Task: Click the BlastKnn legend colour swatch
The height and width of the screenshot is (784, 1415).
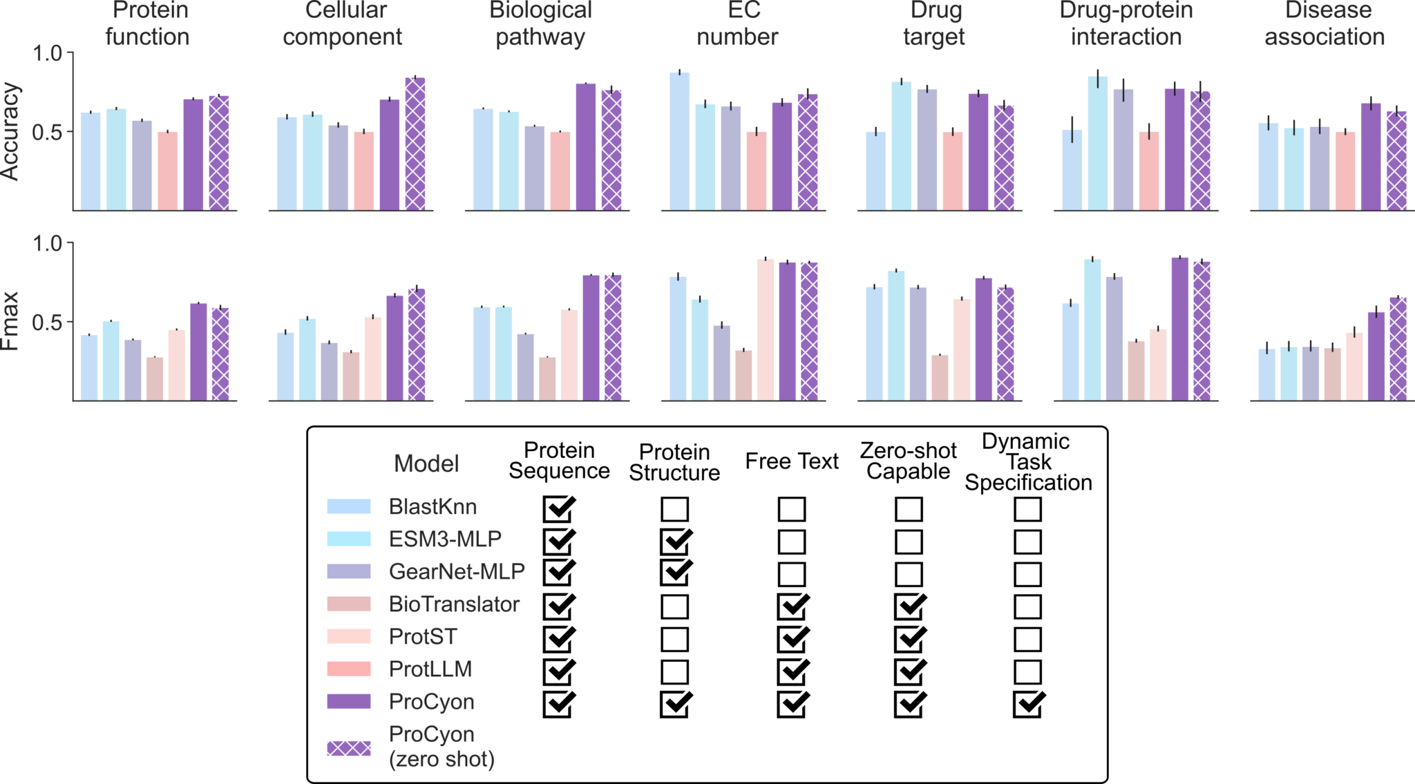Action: [348, 506]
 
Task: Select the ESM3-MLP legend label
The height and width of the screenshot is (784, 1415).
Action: [445, 539]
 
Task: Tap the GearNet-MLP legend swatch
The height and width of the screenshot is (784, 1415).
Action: [348, 571]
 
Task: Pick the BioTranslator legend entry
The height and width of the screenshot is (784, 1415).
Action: [453, 604]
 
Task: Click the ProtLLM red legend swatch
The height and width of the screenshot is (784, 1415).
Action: [348, 669]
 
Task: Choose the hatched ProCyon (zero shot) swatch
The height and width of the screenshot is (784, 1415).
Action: [348, 748]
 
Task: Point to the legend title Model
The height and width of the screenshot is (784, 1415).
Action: [426, 464]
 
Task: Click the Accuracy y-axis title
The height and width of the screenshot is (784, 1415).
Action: [11, 131]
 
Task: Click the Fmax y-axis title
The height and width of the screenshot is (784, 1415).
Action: [11, 322]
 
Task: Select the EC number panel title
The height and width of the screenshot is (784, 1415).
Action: [737, 23]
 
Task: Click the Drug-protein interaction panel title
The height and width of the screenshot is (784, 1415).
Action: [1126, 23]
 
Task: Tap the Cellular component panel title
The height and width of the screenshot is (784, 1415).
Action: [343, 23]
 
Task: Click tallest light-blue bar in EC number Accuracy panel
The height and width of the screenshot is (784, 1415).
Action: [679, 142]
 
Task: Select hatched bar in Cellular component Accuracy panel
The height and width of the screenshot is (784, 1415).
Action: [415, 144]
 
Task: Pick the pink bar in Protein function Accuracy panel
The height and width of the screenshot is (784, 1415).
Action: [167, 171]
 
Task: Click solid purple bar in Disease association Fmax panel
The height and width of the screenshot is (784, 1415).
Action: [1376, 356]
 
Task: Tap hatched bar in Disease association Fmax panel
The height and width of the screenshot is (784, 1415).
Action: [1398, 349]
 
